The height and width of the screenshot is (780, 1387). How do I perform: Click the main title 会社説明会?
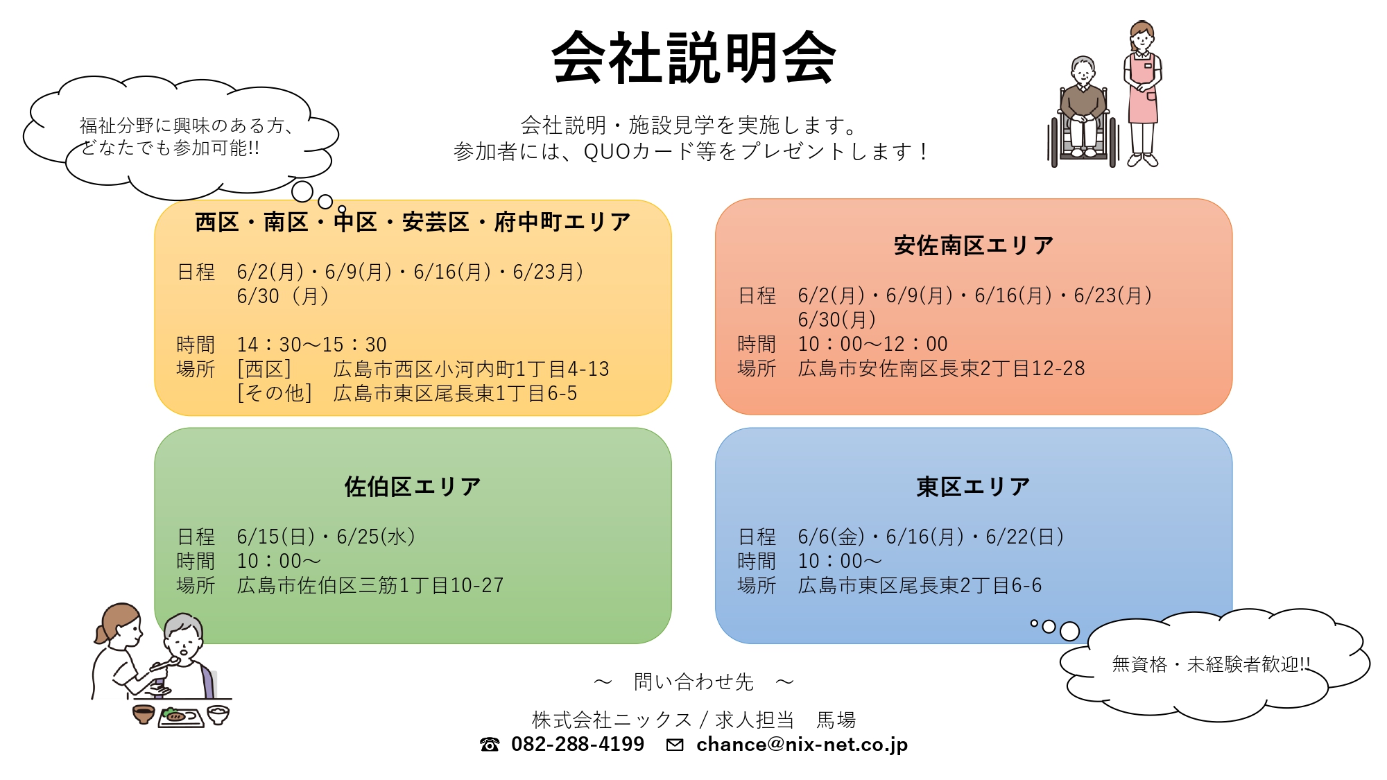[693, 58]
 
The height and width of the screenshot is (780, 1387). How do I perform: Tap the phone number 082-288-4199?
[578, 744]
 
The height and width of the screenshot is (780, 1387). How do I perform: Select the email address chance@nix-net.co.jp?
[802, 744]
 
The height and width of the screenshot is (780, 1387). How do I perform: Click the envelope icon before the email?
[674, 745]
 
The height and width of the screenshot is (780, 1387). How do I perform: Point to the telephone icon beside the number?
[490, 745]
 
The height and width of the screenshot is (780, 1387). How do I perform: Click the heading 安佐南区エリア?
[974, 245]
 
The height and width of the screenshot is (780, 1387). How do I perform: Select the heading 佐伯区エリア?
[413, 487]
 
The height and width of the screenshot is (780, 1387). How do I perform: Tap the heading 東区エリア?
[973, 487]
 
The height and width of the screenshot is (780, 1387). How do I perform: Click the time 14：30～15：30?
[312, 345]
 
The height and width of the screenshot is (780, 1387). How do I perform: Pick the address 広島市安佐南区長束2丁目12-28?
[941, 368]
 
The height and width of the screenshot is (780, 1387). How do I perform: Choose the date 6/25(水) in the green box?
[376, 537]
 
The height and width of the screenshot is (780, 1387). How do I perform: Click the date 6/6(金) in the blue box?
[831, 537]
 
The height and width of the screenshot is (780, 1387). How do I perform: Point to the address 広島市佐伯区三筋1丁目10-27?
[370, 585]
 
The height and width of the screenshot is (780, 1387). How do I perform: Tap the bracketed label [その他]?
[275, 393]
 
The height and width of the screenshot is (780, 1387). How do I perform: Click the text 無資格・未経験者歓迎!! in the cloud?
[1211, 664]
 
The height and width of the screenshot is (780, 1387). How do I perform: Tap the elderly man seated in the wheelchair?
[1083, 111]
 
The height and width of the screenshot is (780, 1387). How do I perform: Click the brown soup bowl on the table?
[144, 714]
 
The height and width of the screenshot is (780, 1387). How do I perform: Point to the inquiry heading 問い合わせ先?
[693, 682]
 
